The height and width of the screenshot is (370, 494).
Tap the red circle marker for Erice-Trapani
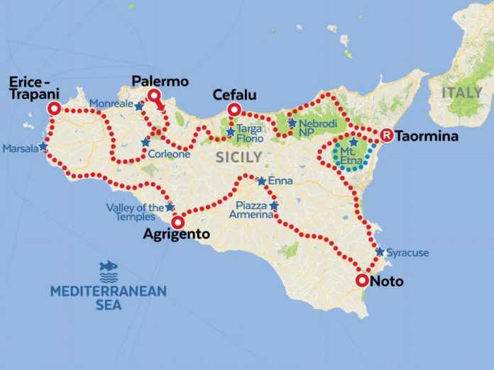coord(54,109)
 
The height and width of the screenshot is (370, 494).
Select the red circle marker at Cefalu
coord(233,110)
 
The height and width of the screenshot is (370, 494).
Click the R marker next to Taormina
coord(387,135)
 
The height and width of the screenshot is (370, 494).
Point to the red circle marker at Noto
coord(362,281)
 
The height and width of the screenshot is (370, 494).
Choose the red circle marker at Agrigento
coord(178,220)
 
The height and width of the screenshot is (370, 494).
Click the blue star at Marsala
coord(43,147)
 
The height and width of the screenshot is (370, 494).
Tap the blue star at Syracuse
coord(380,252)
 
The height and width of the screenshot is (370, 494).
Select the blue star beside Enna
coord(262,181)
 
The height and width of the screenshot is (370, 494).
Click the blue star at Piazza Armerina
coord(275,206)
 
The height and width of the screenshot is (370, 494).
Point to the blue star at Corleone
coord(146,142)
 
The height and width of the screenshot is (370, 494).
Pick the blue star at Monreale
coord(140,106)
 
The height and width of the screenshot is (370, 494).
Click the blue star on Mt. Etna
coord(353,142)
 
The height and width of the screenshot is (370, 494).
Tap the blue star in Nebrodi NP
coord(292,123)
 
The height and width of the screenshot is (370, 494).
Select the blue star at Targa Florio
coord(230,131)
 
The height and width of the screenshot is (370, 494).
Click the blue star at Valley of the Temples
coord(170,207)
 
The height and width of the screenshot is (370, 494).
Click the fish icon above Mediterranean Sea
coord(109,267)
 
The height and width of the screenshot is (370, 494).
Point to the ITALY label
coord(462,93)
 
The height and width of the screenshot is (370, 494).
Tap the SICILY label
coord(239,157)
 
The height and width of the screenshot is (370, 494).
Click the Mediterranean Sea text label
coord(108,298)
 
